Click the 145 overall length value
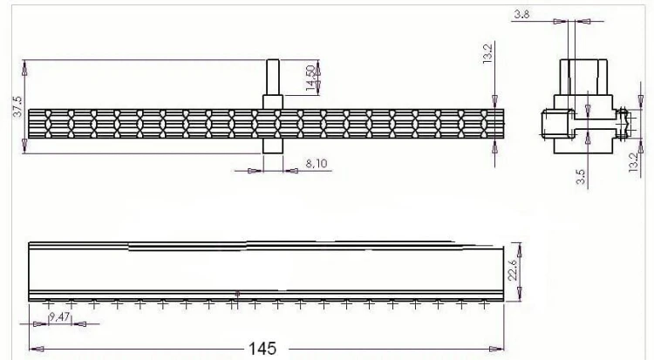[262, 349]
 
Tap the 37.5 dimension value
[18, 106]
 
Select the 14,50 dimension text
[310, 78]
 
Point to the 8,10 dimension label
[317, 164]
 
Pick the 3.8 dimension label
[521, 14]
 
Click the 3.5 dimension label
[581, 176]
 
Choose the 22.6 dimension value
[513, 270]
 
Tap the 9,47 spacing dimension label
[59, 317]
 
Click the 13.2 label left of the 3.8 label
[487, 53]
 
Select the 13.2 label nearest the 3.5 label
[633, 162]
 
